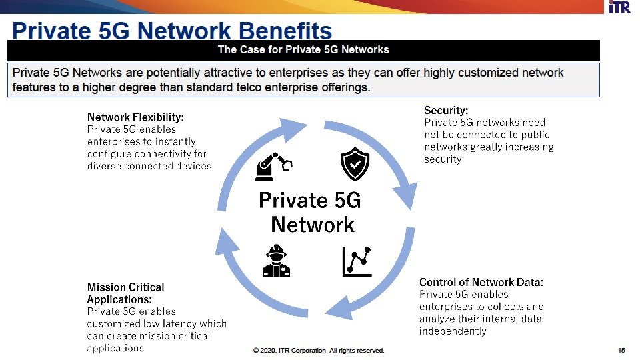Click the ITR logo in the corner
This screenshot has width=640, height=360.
(x=619, y=7)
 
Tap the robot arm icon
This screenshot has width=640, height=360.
(x=274, y=167)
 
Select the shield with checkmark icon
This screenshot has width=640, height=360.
(x=355, y=164)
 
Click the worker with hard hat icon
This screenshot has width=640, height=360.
(x=276, y=261)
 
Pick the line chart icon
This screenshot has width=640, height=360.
(x=357, y=261)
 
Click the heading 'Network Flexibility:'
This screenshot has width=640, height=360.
(x=135, y=117)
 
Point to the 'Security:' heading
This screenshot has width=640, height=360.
(x=446, y=110)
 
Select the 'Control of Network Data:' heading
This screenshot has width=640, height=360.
(x=481, y=282)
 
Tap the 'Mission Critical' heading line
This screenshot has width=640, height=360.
(x=126, y=287)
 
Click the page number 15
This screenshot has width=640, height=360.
(x=621, y=350)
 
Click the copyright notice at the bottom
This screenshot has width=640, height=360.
(x=319, y=350)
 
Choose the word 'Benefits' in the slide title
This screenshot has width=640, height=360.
(x=285, y=31)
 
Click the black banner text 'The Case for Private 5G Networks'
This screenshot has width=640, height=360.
(x=303, y=50)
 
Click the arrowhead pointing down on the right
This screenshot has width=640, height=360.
(x=406, y=196)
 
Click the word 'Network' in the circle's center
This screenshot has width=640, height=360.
(x=313, y=225)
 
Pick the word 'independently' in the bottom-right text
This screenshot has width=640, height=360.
(x=453, y=331)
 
